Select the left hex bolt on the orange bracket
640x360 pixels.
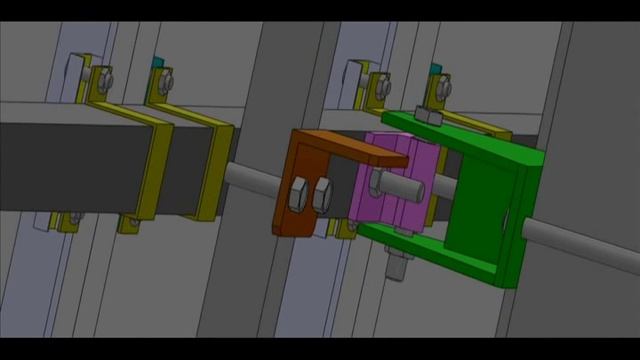click(x=299, y=194)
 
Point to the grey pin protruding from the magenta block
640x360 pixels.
click(x=395, y=182)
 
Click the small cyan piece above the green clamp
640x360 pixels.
click(x=434, y=69)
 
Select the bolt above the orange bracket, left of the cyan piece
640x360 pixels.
click(x=379, y=86)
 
